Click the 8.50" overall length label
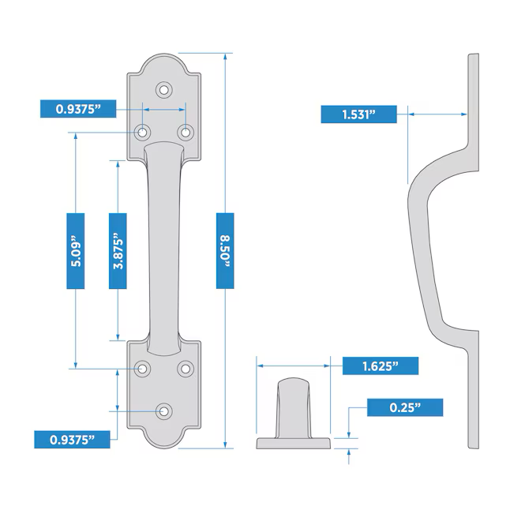226,250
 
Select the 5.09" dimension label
76,250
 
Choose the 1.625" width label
380,366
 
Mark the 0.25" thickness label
405,407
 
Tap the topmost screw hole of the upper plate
164,90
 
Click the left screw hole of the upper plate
144,132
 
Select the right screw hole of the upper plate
186,132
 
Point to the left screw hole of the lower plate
144,368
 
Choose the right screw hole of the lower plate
186,368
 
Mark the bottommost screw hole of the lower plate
164,411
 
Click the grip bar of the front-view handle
164,245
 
